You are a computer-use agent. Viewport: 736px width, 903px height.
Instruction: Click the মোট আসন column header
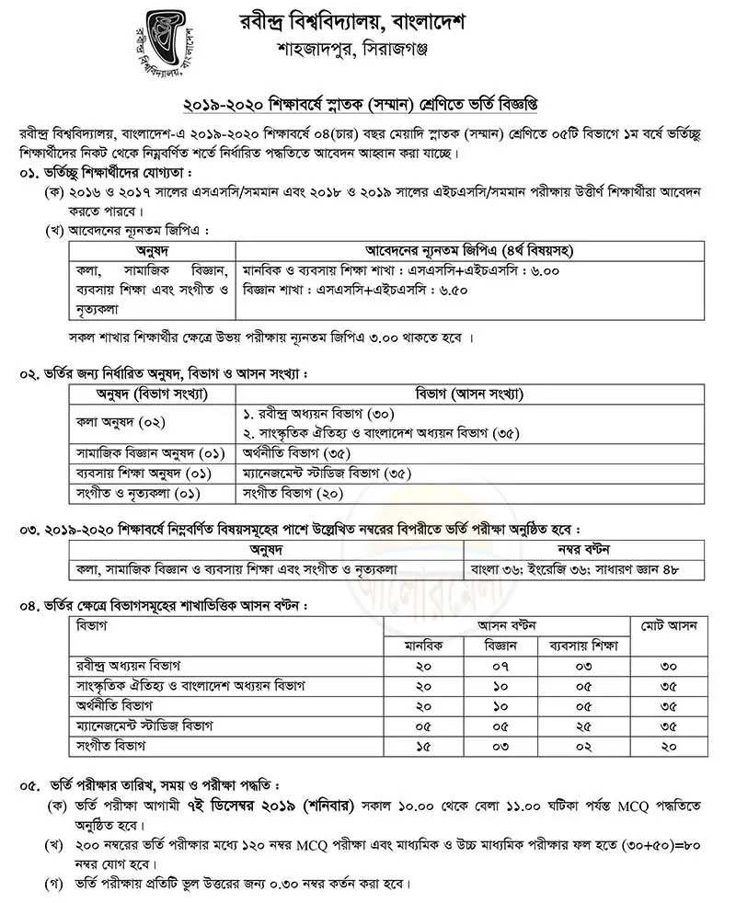[668, 626]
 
